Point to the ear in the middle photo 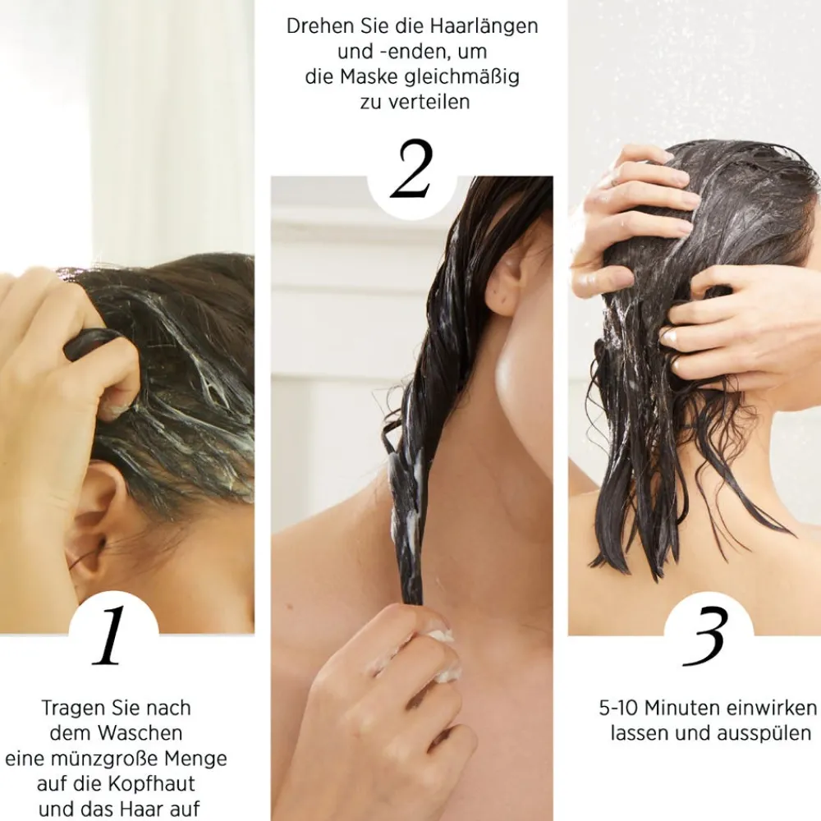tap(505, 283)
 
